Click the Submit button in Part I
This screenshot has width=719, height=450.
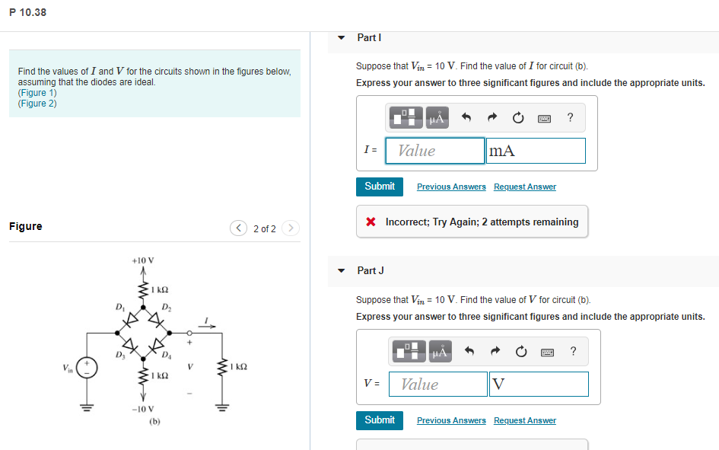[x=380, y=187]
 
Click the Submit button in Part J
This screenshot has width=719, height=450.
[x=380, y=420]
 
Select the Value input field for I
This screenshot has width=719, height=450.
[x=435, y=151]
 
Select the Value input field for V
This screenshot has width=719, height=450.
[x=438, y=385]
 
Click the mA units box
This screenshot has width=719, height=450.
[x=536, y=151]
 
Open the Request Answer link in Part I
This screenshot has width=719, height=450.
[x=524, y=187]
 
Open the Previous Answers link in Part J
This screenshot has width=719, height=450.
[x=451, y=421]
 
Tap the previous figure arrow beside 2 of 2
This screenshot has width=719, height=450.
[x=240, y=228]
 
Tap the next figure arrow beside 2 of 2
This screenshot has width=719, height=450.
[x=291, y=228]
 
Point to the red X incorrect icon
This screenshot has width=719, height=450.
[x=371, y=222]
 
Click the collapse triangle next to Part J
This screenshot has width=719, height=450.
[x=342, y=271]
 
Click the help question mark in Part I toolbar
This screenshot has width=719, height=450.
[x=570, y=117]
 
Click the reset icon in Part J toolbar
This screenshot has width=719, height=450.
[x=521, y=351]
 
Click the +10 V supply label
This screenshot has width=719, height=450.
[x=142, y=260]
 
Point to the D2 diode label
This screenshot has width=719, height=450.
[x=167, y=308]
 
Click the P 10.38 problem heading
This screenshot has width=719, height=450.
[x=28, y=12]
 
